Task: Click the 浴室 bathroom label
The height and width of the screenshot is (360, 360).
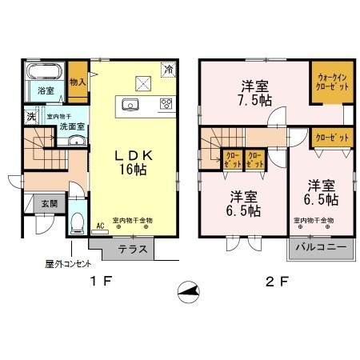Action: (x=46, y=92)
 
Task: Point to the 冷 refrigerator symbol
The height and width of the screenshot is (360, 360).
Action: (x=169, y=70)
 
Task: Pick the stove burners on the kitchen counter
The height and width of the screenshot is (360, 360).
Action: (x=166, y=103)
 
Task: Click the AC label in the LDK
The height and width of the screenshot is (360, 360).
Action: (x=100, y=226)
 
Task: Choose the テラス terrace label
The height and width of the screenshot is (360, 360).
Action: (x=131, y=250)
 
